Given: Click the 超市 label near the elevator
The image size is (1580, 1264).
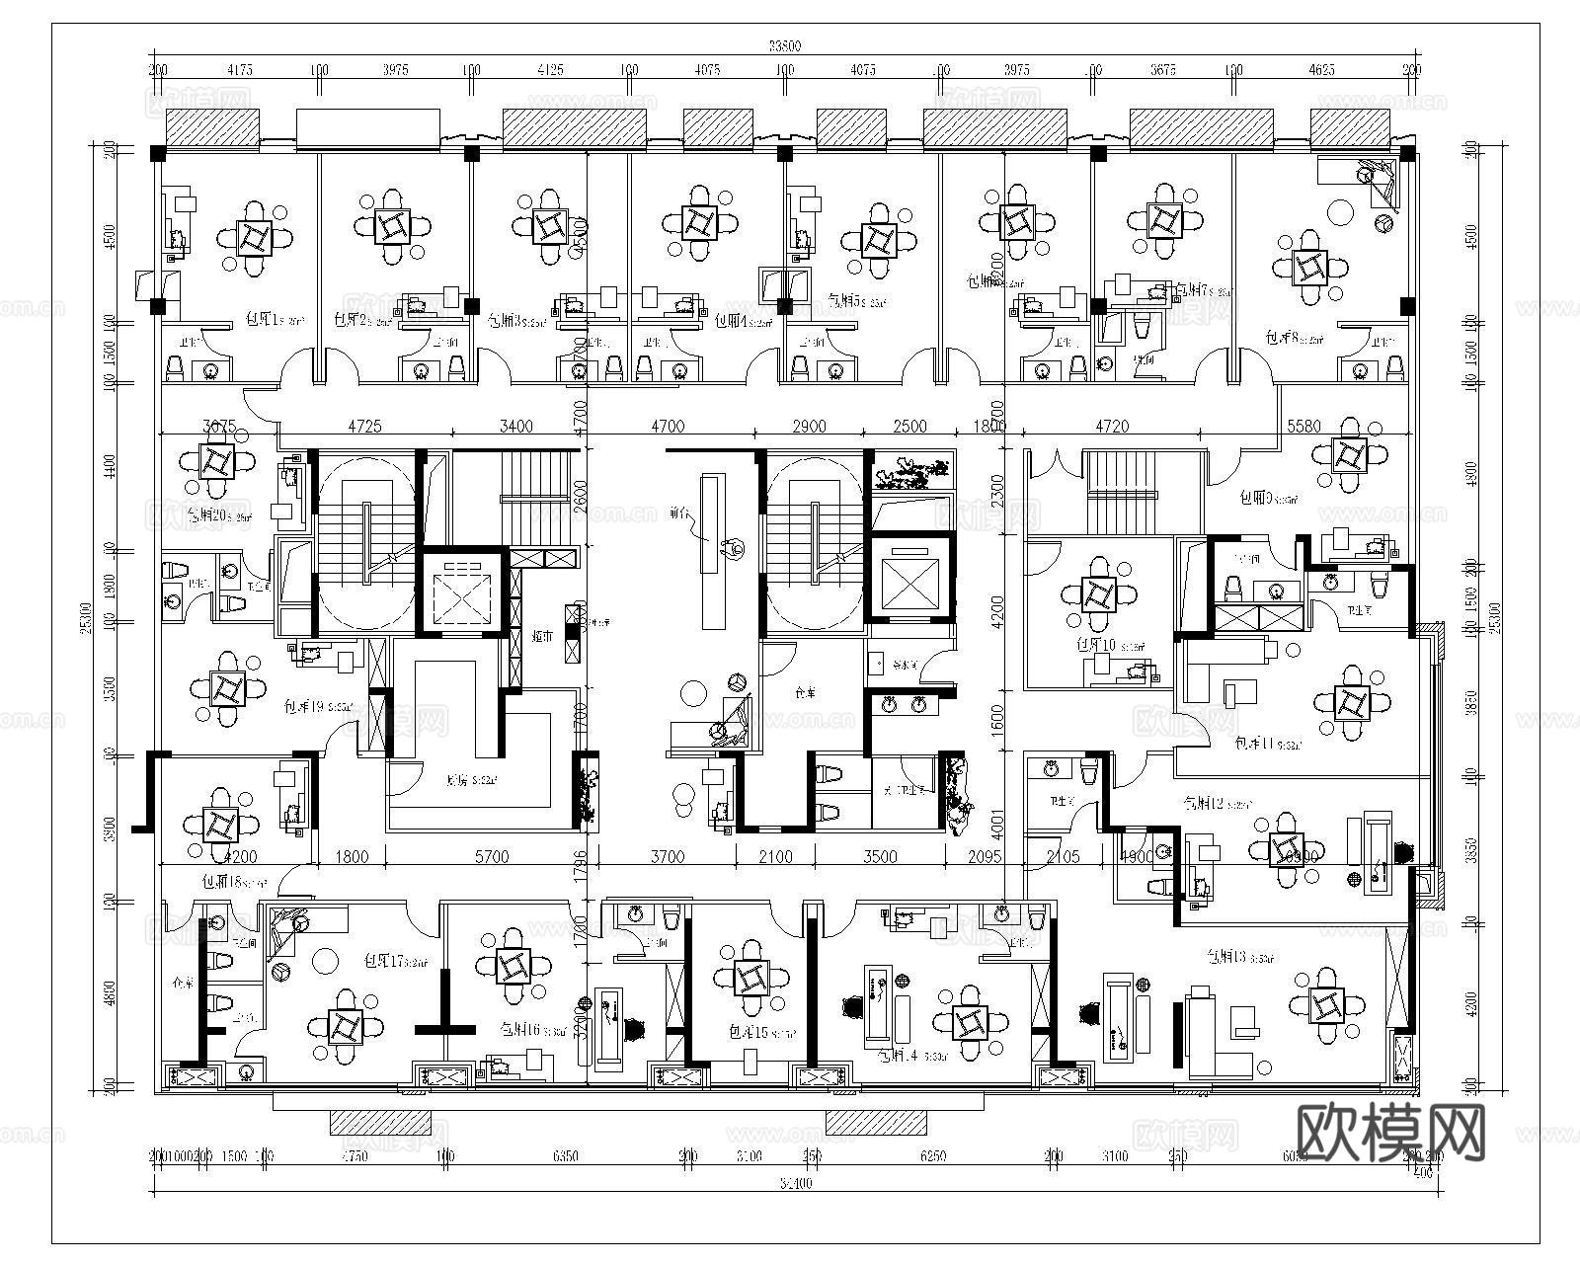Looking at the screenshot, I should coord(541,637).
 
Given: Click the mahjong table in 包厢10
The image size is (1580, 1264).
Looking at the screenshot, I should coord(1098,595).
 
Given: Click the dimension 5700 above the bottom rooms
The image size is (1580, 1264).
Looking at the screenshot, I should coord(492,857).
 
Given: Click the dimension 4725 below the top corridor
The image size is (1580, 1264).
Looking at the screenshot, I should coord(364,427).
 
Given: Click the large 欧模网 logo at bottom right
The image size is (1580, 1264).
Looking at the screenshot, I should coord(1388,1132).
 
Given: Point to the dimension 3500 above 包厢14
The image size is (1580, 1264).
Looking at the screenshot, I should coord(880,857).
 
